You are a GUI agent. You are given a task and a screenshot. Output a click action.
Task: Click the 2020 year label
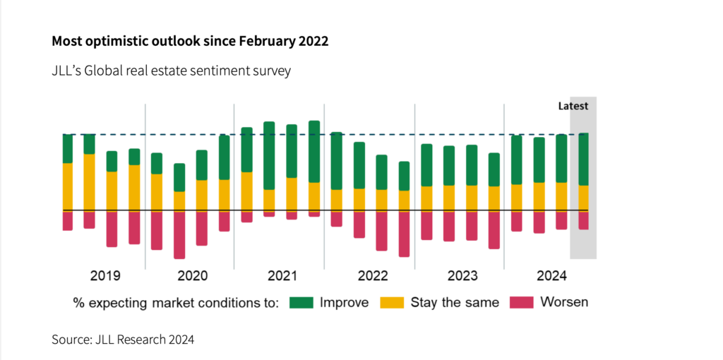click(x=192, y=275)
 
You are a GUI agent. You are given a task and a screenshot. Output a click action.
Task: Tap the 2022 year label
click(x=373, y=275)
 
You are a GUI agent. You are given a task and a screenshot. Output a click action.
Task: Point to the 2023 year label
click(x=462, y=275)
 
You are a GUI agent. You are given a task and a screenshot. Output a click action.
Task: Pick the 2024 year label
click(x=551, y=275)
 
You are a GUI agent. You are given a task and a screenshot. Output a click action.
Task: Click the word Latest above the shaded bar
click(x=573, y=107)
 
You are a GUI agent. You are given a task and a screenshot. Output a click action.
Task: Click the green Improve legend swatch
click(x=300, y=302)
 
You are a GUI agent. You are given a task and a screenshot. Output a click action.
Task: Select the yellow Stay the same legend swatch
click(x=391, y=302)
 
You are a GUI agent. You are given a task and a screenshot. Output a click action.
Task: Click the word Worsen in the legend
click(x=564, y=302)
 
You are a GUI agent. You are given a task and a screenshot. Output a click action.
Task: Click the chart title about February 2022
click(x=190, y=41)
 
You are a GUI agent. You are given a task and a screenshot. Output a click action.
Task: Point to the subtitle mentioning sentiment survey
click(x=171, y=71)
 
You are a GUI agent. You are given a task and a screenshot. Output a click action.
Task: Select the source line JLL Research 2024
click(x=122, y=340)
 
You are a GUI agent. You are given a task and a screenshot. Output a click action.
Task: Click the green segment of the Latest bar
click(x=584, y=159)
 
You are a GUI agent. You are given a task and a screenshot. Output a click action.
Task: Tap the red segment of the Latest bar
click(x=584, y=220)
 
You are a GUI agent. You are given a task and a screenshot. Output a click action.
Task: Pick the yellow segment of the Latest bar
click(x=584, y=198)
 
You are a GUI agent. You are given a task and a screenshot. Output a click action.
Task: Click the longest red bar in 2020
click(x=179, y=235)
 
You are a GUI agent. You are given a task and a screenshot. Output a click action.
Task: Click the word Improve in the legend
click(x=344, y=302)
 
